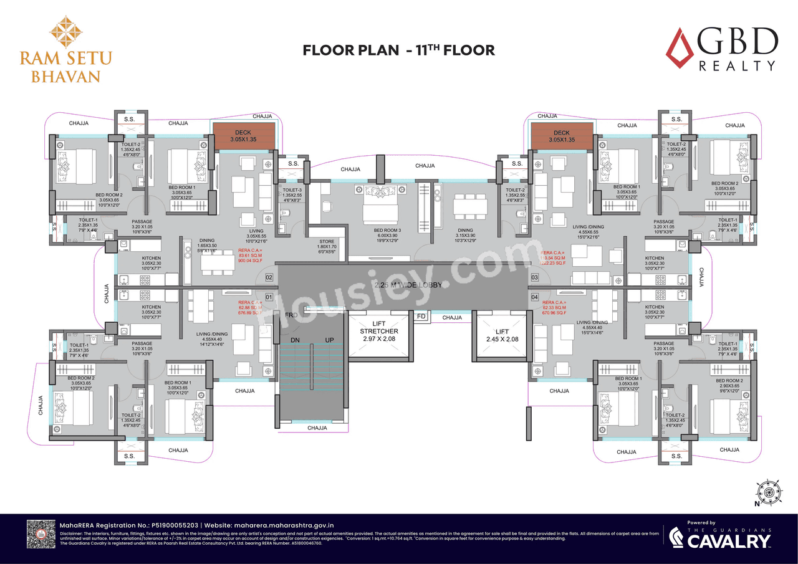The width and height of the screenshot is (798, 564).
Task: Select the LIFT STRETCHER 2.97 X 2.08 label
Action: coord(379,331)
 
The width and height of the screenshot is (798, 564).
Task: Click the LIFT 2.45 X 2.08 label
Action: coord(502,335)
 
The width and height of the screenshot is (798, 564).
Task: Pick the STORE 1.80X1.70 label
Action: coord(327,245)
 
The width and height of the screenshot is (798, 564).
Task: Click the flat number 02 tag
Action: coord(269,277)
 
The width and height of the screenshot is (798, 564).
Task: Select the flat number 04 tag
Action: coord(534,297)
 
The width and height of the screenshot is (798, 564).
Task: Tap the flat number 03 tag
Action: coord(534,277)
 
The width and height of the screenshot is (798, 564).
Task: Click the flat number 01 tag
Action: coord(269,297)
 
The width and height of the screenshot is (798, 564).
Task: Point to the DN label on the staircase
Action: coord(295,339)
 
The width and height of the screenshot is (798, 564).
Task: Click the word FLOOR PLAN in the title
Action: coord(350,50)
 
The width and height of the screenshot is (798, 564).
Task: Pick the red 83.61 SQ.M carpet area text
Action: coord(251,256)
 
